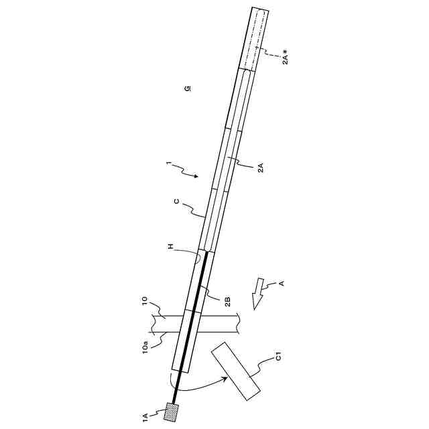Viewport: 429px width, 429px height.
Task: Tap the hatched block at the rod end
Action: click(172, 412)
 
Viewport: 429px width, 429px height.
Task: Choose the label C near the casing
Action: click(176, 202)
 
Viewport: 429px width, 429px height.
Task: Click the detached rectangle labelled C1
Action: click(235, 371)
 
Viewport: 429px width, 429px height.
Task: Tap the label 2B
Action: click(227, 301)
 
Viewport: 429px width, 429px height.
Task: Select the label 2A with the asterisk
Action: click(285, 57)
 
